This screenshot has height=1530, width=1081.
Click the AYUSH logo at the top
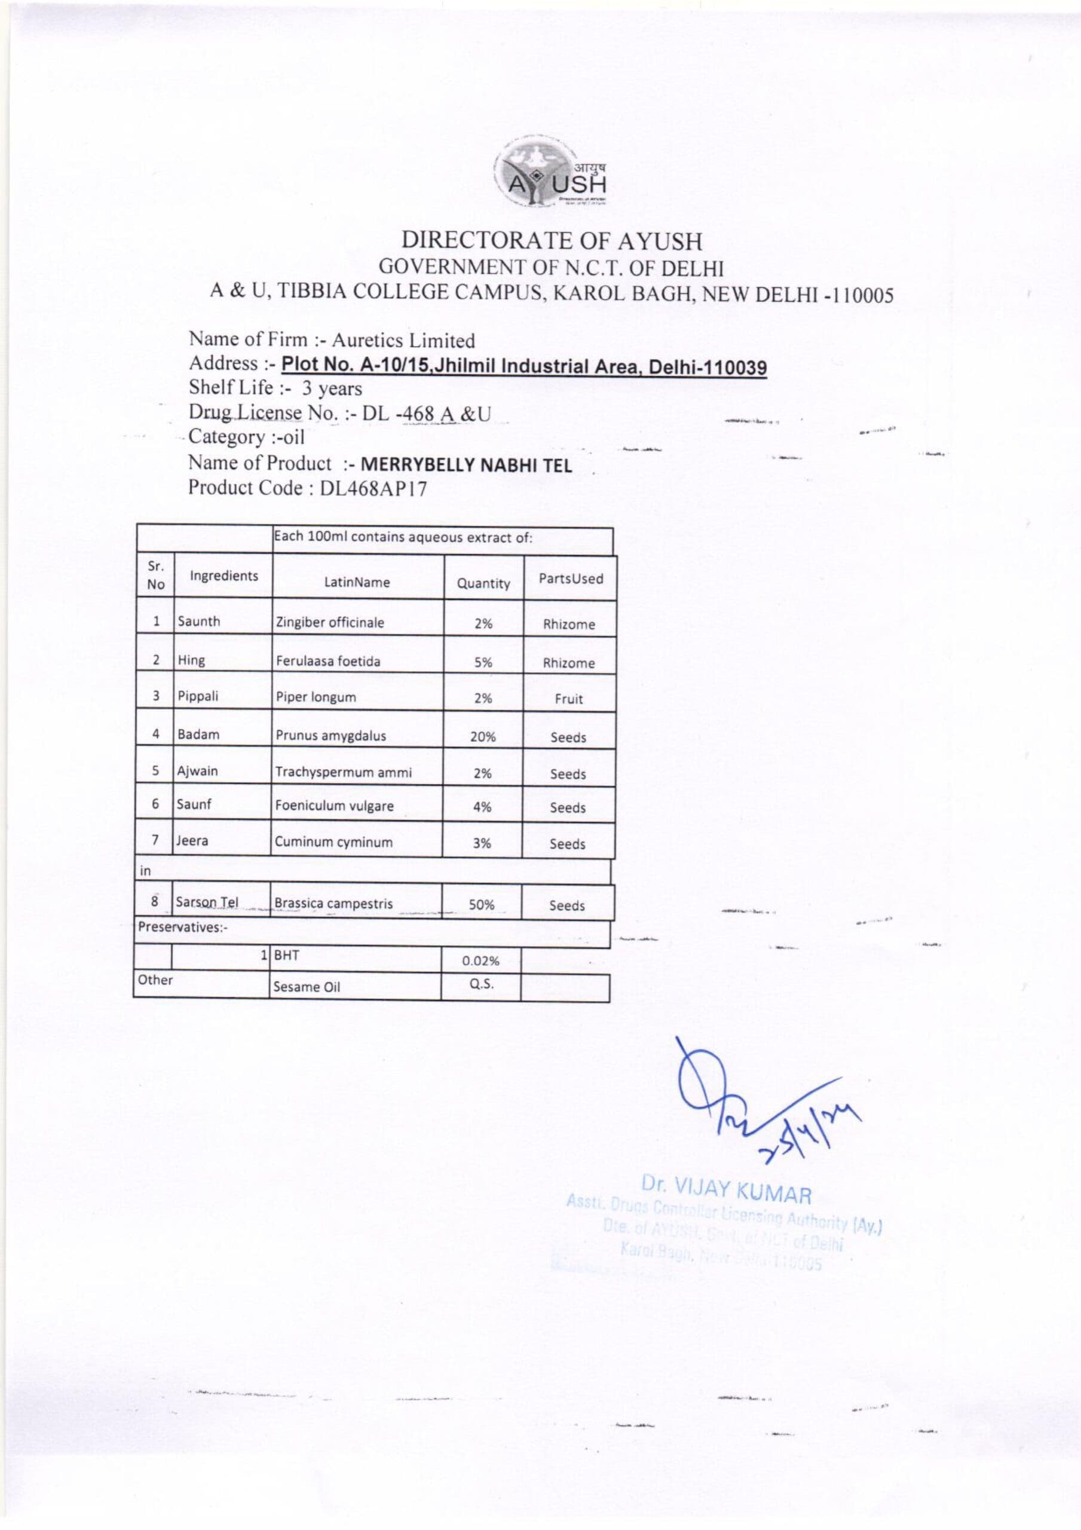coord(550,173)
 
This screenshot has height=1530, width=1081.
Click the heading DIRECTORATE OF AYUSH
coord(551,241)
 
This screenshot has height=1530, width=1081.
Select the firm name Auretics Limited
coord(403,341)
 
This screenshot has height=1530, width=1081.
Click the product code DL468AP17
coord(373,488)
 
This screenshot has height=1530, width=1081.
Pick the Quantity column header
coord(483,584)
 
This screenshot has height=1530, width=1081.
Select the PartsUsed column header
coord(571,579)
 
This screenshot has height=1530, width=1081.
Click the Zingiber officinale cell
coord(330,622)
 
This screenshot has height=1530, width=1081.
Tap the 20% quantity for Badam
coord(482,737)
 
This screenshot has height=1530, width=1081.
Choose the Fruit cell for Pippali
coord(568,699)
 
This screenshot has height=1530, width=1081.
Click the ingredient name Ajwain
coord(197,771)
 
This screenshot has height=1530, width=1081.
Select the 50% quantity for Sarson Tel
coord(481,905)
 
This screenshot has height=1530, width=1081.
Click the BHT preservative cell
coord(287,955)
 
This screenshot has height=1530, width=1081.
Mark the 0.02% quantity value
coord(480,961)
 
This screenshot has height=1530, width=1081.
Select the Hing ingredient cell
coord(191,660)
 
